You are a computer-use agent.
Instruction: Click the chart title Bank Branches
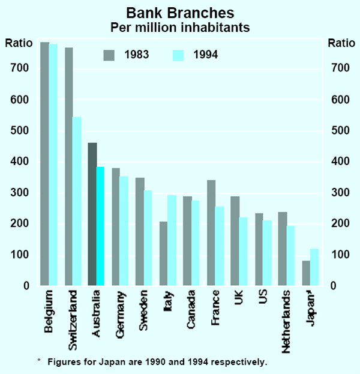click(x=181, y=13)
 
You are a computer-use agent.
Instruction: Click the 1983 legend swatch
click(x=109, y=55)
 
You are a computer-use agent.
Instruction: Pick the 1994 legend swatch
click(x=178, y=55)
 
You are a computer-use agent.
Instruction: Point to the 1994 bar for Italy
click(x=172, y=240)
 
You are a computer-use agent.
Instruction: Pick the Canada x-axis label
click(x=191, y=310)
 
